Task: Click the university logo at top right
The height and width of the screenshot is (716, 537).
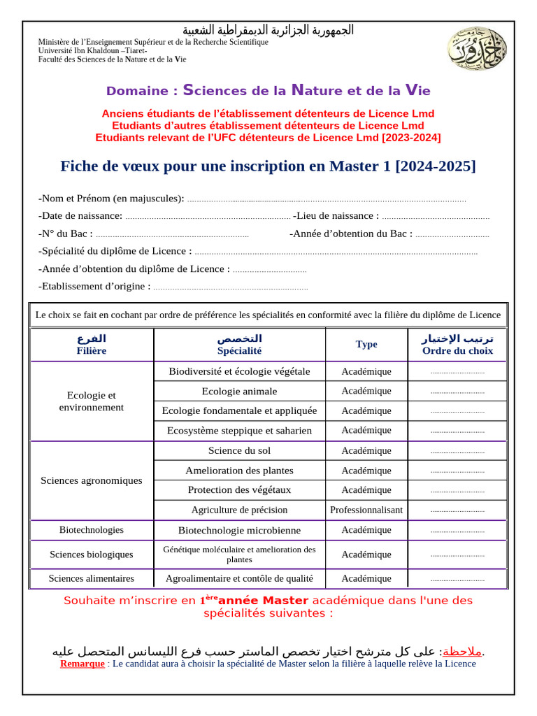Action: click(473, 48)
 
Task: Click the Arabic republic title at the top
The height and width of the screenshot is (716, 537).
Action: click(268, 30)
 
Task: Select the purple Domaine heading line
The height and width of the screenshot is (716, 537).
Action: click(268, 90)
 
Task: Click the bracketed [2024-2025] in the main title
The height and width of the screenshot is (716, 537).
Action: click(436, 166)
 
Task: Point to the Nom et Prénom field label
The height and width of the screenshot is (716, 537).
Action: click(111, 199)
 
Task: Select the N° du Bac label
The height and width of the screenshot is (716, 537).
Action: click(66, 234)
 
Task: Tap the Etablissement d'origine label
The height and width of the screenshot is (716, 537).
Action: click(94, 286)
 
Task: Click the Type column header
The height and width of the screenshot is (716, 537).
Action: click(366, 344)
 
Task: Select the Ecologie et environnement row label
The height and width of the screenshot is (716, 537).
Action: click(92, 401)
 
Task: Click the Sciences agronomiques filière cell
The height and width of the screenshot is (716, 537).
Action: click(92, 480)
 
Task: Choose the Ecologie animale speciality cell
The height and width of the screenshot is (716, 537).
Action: click(239, 391)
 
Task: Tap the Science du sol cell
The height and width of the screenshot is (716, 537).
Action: click(239, 450)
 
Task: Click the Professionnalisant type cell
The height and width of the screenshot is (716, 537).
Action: click(366, 510)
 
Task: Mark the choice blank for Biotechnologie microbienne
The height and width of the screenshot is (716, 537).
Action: click(457, 531)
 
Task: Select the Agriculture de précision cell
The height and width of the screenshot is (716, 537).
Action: click(239, 510)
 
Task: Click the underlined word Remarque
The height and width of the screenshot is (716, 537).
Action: click(82, 664)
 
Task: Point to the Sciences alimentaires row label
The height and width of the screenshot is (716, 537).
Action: click(92, 578)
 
